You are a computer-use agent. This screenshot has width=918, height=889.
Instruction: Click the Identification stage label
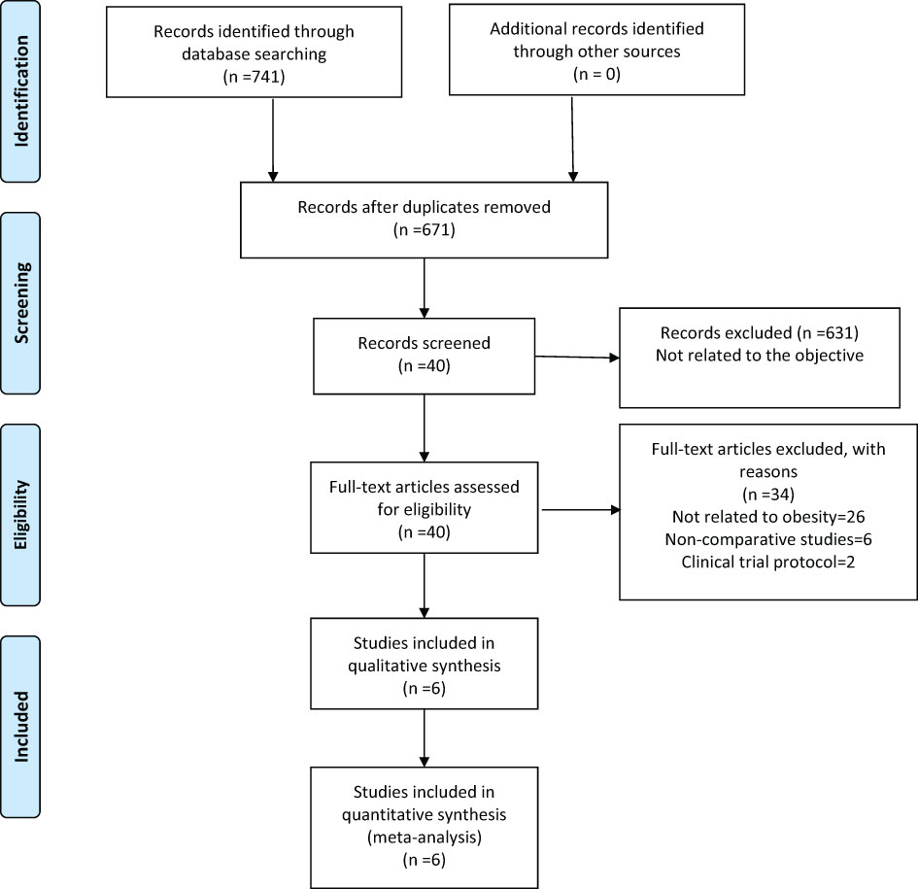pos(20,90)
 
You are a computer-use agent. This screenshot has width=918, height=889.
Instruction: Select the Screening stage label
pos(20,303)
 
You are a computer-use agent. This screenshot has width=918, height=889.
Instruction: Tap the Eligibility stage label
pos(20,515)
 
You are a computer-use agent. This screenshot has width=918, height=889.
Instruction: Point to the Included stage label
pos(20,727)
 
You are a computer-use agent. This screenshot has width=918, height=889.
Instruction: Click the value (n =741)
pos(255,76)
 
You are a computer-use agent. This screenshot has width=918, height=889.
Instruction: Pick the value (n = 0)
pos(596,74)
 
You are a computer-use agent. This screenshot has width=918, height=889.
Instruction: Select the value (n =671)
pos(425,229)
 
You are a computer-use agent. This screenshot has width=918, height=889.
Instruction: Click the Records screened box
pos(424,356)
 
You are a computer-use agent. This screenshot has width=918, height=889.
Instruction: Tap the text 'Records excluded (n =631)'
pos(760,332)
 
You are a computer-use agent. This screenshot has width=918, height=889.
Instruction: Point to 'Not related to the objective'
pos(760,355)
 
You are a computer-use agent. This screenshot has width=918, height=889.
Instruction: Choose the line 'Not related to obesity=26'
pos(768,517)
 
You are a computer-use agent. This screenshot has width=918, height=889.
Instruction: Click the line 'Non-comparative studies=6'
pos(768,539)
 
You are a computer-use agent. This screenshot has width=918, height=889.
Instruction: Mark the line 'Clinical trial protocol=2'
pos(768,562)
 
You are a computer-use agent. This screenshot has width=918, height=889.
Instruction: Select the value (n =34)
pos(768,495)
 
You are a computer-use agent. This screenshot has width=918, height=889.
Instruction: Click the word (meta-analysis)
pos(425,837)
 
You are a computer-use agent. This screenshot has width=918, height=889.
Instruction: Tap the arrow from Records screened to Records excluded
pos(577,357)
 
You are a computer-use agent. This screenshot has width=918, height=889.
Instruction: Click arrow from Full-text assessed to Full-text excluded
pos(581,509)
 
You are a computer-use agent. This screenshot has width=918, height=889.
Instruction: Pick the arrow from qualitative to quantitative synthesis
pos(424,737)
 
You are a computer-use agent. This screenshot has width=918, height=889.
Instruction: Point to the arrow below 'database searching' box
pos(273,140)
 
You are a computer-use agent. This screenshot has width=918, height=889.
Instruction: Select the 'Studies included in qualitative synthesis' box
pos(424,664)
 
